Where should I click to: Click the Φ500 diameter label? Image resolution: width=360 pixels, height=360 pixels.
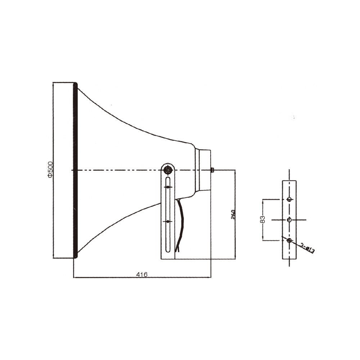(50, 169)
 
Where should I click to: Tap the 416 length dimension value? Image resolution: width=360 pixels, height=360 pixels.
(142, 274)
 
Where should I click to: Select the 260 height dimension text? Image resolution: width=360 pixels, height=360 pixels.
(233, 214)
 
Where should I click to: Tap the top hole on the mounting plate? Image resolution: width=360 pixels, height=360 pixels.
(289, 199)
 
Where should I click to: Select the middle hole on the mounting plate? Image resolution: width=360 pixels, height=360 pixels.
(289, 220)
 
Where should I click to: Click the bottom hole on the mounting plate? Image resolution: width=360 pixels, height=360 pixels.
(289, 240)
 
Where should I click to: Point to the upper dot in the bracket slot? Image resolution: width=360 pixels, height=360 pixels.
(168, 187)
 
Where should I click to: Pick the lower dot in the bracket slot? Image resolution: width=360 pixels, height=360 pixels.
(168, 221)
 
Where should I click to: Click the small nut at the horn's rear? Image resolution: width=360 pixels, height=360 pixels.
(212, 170)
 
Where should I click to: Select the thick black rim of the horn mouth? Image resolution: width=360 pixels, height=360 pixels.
(75, 170)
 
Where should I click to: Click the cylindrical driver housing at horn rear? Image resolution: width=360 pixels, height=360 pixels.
(203, 170)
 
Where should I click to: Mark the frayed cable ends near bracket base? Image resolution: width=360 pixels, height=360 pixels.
(177, 248)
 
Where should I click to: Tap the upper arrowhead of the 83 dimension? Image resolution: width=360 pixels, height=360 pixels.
(263, 200)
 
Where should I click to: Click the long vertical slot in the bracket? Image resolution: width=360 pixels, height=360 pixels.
(168, 216)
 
